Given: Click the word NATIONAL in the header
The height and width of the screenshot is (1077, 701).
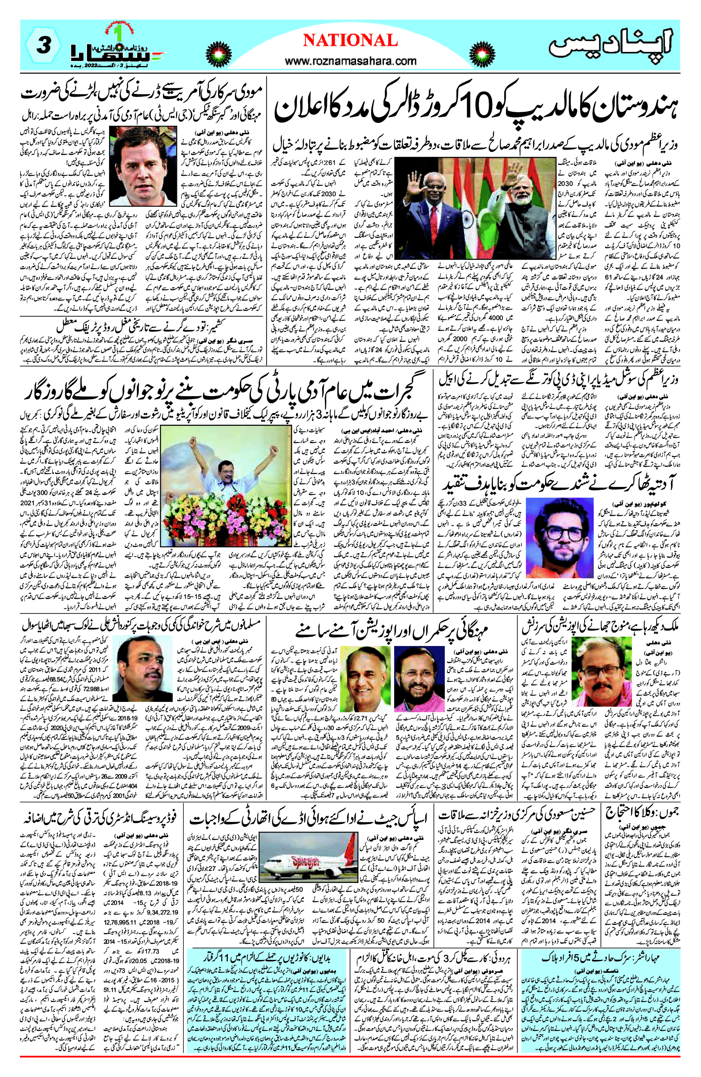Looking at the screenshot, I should click(x=350, y=41).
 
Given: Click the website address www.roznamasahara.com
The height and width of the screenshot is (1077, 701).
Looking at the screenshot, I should click(x=351, y=61).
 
